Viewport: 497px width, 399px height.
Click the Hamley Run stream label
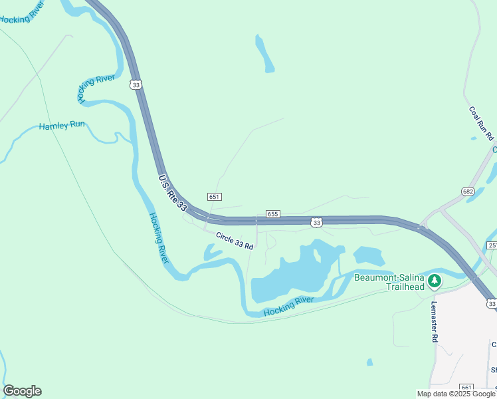(x=62, y=125)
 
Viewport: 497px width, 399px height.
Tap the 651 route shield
(x=214, y=197)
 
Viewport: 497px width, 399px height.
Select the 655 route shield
(x=273, y=214)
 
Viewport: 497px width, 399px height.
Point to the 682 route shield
(x=468, y=192)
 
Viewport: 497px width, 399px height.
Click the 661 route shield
(x=466, y=387)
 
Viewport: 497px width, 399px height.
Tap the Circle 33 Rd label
(x=235, y=241)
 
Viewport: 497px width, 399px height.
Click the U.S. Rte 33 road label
(x=173, y=193)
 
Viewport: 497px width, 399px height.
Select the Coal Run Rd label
(x=482, y=124)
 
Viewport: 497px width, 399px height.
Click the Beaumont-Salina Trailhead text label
(x=389, y=282)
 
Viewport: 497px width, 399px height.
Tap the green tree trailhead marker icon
(x=435, y=281)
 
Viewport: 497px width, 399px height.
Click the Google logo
(x=22, y=391)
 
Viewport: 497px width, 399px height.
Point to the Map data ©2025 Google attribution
(x=456, y=394)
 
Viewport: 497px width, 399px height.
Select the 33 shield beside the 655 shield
(x=317, y=222)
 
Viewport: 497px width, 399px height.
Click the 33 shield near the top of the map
(x=136, y=84)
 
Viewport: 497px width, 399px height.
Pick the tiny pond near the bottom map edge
(x=369, y=362)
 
